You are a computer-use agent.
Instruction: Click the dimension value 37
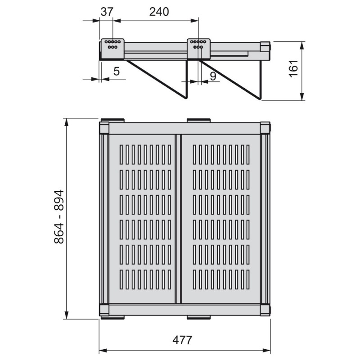pyautogui.click(x=107, y=12)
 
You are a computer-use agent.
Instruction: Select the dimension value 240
pyautogui.click(x=159, y=12)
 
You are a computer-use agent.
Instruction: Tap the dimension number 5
pyautogui.click(x=117, y=72)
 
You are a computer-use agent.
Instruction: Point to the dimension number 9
pyautogui.click(x=213, y=76)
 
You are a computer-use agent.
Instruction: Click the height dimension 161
pyautogui.click(x=294, y=69)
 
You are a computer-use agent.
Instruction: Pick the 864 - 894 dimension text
pyautogui.click(x=59, y=216)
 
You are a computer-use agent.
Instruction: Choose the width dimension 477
pyautogui.click(x=182, y=340)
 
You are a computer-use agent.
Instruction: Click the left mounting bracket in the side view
pyautogui.click(x=112, y=49)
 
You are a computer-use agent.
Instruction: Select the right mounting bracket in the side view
pyautogui.click(x=198, y=49)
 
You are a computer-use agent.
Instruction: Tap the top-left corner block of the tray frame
pyautogui.click(x=104, y=128)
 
